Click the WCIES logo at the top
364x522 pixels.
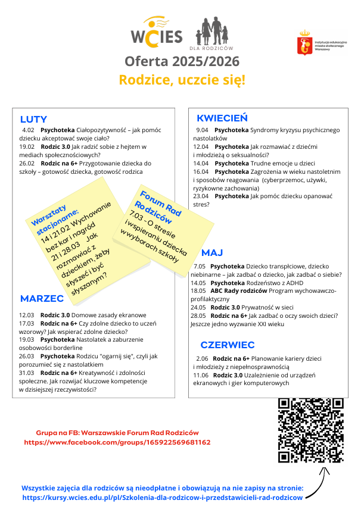[156, 35]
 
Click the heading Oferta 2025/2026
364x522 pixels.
[182, 62]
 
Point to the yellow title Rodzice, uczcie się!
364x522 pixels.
[182, 80]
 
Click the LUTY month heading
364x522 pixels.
[33, 119]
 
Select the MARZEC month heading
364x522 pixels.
[42, 298]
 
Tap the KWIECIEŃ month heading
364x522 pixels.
[222, 118]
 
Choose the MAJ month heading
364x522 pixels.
[211, 252]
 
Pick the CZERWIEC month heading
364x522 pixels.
[228, 345]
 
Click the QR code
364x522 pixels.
[311, 430]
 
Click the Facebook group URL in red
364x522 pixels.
[117, 443]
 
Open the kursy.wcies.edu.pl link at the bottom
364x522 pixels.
[162, 497]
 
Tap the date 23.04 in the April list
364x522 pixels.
[201, 196]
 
